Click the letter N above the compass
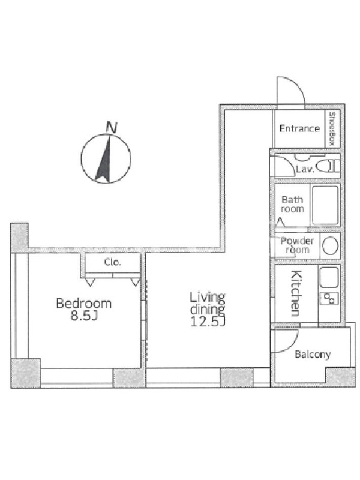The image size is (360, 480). click(x=112, y=127)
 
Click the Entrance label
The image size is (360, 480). click(x=299, y=128)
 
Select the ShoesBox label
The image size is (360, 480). click(x=332, y=128)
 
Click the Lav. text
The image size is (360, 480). click(x=305, y=169)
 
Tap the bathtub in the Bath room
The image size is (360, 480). click(x=325, y=205)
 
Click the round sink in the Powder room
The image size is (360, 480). click(x=330, y=246)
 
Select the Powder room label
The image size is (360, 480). click(x=297, y=245)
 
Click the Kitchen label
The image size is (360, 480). click(x=296, y=293)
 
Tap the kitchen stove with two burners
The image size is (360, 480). click(x=329, y=298)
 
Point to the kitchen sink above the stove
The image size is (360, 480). click(x=329, y=277)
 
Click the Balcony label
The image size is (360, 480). click(x=312, y=355)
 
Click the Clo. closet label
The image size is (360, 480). click(x=113, y=262)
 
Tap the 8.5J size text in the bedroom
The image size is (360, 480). click(x=84, y=316)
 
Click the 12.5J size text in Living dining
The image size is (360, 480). click(x=208, y=322)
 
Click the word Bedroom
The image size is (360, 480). click(x=84, y=304)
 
